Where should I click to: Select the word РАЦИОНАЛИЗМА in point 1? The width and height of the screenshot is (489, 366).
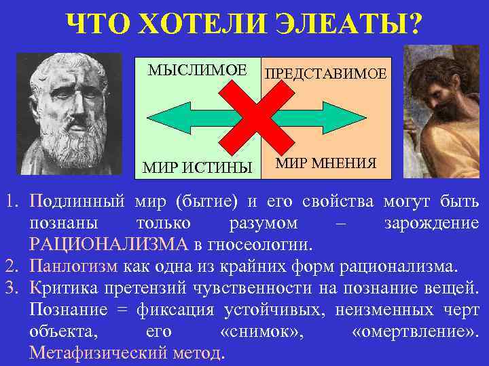pyautogui.click(x=108, y=244)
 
